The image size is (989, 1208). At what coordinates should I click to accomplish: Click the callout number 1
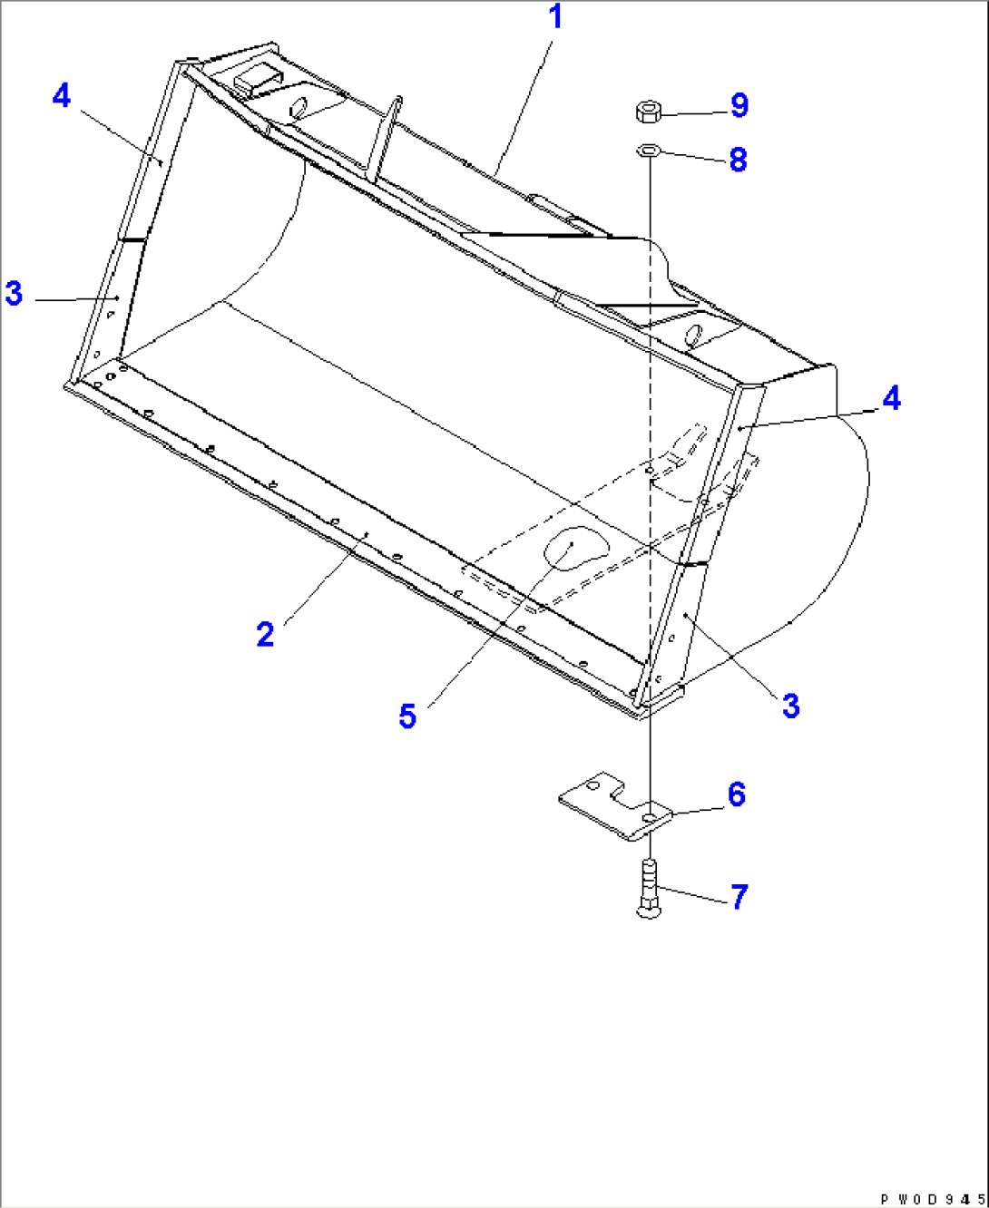coord(554,17)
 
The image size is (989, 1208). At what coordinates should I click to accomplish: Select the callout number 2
coord(264,634)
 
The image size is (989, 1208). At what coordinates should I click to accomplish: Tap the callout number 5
coord(407,716)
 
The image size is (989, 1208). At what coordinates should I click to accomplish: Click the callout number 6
coord(737,794)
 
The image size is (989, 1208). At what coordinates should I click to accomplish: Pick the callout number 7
coord(739,897)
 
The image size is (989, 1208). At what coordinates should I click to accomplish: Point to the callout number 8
coord(738,161)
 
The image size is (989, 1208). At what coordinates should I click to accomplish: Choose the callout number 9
coord(739,105)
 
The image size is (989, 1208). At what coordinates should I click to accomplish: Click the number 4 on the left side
coord(61,95)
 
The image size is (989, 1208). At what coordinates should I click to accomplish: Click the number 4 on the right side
coord(891,397)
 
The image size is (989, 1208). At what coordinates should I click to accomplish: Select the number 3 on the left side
coord(14,293)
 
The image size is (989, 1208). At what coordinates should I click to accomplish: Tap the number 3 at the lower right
coord(790,706)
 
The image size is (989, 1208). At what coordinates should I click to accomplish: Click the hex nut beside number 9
coord(648,112)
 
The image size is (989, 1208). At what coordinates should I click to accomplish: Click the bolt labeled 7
coord(648,889)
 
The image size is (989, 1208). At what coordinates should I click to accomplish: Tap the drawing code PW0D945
coord(931,1197)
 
